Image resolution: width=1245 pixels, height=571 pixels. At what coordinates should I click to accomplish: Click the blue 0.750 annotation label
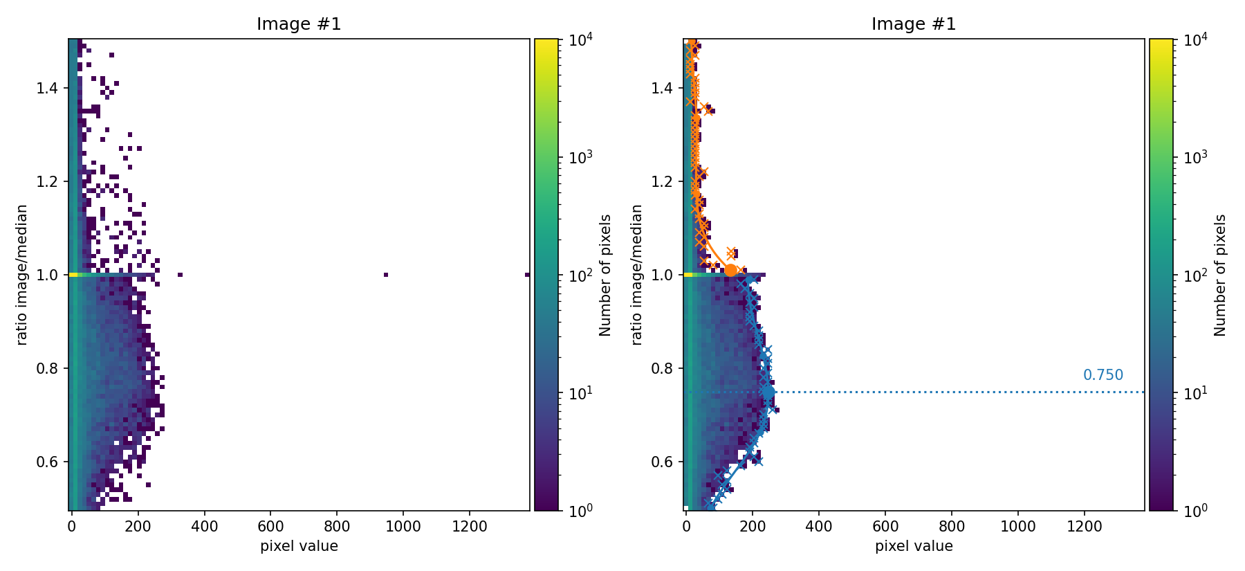1103,375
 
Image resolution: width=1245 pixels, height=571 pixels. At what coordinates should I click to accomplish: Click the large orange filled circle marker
730,271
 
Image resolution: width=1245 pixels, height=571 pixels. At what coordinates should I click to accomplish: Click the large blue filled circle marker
768,392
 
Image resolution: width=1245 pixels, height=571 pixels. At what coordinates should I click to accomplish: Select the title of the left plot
299,24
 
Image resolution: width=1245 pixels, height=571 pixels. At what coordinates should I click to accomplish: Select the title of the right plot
914,24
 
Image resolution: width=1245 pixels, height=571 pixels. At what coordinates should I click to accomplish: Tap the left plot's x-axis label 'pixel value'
299,546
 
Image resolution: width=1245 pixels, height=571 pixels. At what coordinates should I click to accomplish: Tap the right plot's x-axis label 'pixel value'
914,546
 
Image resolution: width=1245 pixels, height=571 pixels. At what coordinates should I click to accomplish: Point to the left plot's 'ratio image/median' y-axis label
22,275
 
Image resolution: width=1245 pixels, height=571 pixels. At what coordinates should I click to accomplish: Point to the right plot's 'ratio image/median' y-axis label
637,275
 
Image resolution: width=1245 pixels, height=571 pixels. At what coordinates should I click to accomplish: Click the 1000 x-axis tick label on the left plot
403,526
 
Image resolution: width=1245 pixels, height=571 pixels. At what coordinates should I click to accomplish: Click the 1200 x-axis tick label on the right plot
1085,526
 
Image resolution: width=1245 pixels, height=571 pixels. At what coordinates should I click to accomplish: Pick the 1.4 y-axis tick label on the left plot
48,88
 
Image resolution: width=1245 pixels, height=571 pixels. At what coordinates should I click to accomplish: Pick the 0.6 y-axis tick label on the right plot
663,462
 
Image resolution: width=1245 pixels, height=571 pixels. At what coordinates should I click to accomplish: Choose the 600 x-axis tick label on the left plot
270,526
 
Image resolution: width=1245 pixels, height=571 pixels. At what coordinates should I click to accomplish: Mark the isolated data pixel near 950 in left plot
386,275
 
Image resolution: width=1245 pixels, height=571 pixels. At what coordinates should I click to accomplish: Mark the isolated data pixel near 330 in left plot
180,275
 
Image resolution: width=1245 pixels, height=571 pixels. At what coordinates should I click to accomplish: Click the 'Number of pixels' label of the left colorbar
606,275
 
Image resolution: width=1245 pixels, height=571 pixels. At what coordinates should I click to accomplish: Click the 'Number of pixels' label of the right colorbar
1221,275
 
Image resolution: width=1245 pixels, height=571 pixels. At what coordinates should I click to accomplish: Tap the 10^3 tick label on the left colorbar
580,158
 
